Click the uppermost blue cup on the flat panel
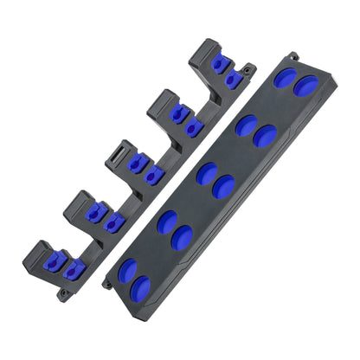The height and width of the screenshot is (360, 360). (x=285, y=77)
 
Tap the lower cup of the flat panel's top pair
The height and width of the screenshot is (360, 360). (x=305, y=86)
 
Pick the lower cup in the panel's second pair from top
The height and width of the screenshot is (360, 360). (x=266, y=135)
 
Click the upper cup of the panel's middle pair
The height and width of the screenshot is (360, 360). (x=207, y=174)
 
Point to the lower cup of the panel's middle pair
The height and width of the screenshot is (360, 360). (x=224, y=186)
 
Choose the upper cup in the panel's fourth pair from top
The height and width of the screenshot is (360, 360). (x=168, y=222)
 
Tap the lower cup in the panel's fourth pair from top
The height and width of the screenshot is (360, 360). (x=183, y=237)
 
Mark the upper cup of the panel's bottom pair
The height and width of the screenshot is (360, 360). (x=128, y=270)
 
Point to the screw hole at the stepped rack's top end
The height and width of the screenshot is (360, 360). (x=247, y=68)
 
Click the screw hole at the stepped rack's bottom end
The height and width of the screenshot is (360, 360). (x=64, y=294)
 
